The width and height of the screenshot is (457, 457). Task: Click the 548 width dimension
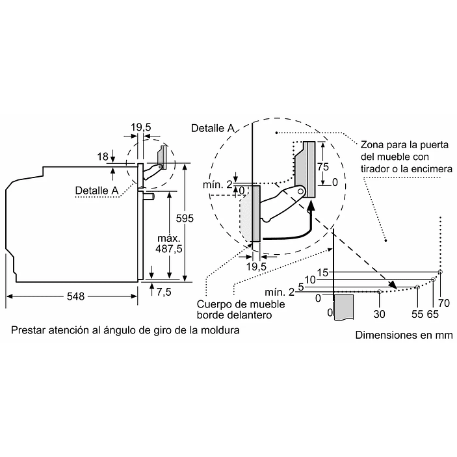click(x=76, y=296)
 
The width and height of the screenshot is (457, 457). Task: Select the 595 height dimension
click(x=185, y=218)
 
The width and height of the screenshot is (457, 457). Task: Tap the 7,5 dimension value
click(x=164, y=292)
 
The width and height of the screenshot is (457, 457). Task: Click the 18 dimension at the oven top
click(x=103, y=156)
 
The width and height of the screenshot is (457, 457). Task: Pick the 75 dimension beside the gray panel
click(x=323, y=166)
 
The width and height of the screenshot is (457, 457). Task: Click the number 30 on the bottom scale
click(x=380, y=314)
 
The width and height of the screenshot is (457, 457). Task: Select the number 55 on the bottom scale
click(x=417, y=314)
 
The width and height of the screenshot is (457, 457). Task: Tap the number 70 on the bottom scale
click(x=444, y=302)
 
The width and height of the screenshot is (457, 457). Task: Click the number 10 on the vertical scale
click(x=311, y=280)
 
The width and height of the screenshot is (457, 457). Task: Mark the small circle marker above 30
click(x=380, y=293)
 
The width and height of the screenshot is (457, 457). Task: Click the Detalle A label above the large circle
click(x=213, y=128)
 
